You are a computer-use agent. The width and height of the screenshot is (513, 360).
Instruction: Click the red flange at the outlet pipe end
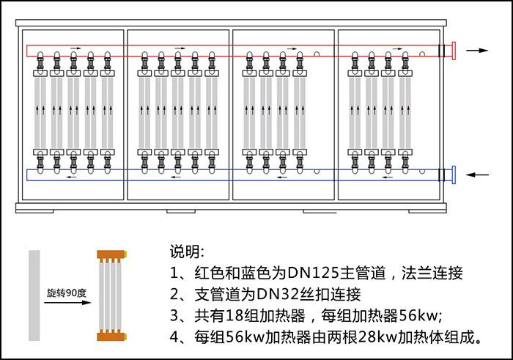click(454, 51)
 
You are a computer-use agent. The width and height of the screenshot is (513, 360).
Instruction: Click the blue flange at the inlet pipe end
click(454, 175)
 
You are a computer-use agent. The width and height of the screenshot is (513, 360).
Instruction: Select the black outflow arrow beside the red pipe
click(477, 51)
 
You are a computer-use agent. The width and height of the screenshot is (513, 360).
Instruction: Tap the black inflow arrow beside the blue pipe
click(477, 175)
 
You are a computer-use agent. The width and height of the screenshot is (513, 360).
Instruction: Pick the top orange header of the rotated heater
click(112, 254)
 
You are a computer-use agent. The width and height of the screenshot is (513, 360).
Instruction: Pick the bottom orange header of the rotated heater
click(112, 337)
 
